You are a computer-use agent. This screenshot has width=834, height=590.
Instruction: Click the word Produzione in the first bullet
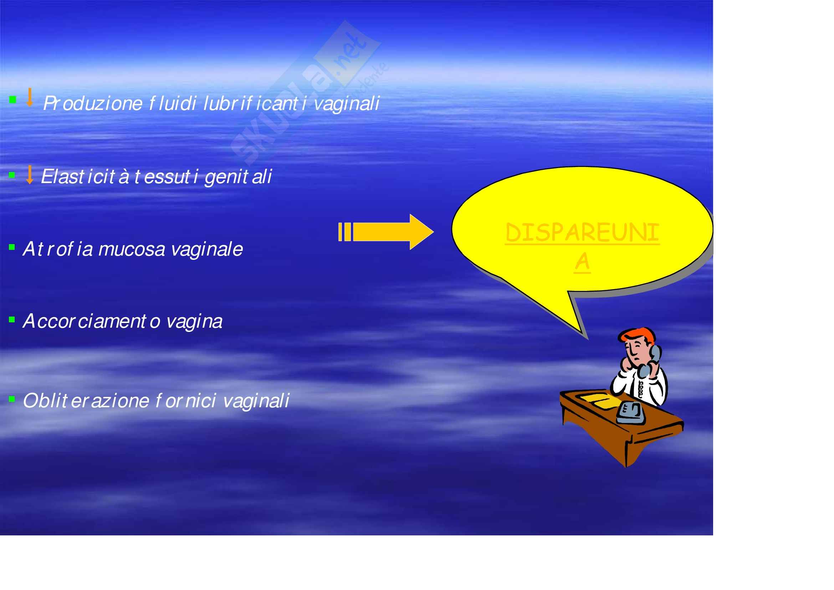coord(93,103)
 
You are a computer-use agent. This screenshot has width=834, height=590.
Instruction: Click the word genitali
coord(238,177)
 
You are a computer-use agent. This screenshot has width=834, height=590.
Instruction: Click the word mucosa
coord(132,250)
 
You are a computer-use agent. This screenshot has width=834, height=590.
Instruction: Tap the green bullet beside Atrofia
coord(12,248)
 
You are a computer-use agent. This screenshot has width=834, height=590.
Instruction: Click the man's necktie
coord(640,390)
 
